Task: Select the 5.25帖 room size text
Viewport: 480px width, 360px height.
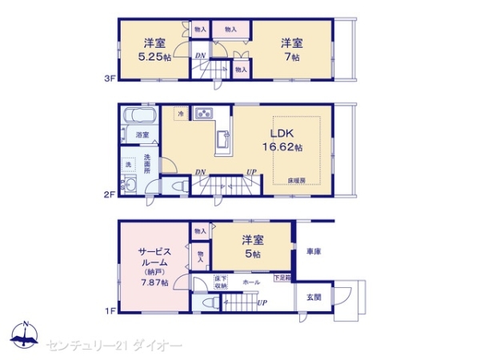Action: click(153, 57)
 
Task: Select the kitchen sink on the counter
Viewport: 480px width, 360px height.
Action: click(222, 142)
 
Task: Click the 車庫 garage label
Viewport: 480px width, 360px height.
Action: click(314, 253)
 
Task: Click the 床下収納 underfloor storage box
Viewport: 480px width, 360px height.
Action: click(220, 282)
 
